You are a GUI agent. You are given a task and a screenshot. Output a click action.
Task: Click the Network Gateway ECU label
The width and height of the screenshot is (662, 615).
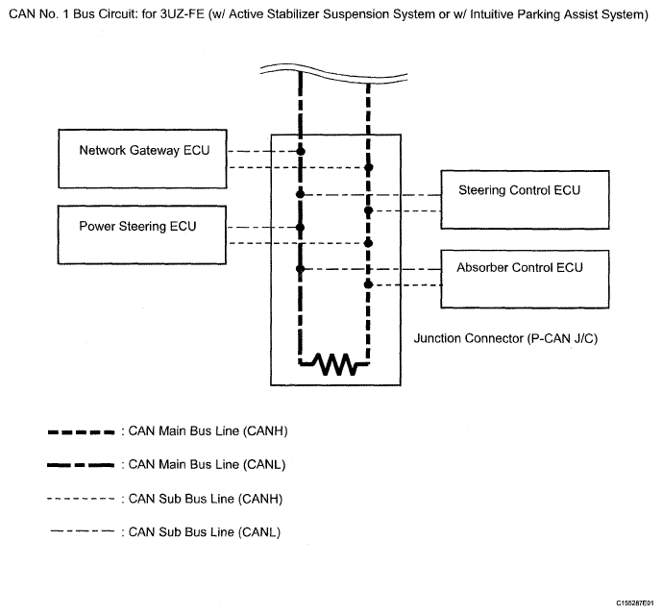point(144,150)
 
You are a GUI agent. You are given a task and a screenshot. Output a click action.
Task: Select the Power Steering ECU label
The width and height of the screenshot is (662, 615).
point(137,227)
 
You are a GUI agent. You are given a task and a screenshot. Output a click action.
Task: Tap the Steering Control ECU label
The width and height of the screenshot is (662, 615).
point(519,190)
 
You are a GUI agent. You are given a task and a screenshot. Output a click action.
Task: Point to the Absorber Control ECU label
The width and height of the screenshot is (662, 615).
point(520,268)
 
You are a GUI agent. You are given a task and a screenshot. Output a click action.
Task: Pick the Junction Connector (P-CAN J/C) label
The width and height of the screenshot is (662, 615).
point(505,338)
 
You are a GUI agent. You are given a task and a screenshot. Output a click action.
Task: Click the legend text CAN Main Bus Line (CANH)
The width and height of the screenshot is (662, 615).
point(208,431)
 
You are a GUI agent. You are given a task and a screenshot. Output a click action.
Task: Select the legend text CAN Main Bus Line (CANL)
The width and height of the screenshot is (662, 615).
point(207,465)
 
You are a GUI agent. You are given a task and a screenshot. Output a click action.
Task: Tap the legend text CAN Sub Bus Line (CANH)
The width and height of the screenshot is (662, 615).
point(206,499)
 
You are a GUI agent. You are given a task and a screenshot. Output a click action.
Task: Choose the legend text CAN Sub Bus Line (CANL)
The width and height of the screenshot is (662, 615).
point(205,532)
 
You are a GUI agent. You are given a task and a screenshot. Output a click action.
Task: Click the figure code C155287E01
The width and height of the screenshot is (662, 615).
point(635,603)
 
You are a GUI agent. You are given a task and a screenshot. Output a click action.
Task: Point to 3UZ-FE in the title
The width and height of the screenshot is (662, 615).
point(182,14)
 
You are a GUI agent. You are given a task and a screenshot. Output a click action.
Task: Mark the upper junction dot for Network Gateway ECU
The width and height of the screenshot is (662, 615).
point(301,151)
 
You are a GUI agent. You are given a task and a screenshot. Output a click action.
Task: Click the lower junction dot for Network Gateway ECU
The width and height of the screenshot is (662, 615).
point(369,168)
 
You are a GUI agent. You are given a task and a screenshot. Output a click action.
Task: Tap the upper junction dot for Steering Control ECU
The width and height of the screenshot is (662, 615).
point(300,194)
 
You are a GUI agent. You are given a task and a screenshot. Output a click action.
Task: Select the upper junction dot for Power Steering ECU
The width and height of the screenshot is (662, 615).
point(300,228)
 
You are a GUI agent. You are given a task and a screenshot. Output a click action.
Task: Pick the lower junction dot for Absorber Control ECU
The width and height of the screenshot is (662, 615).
point(369,285)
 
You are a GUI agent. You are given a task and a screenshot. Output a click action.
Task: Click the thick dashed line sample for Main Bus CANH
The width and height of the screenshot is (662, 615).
point(81,432)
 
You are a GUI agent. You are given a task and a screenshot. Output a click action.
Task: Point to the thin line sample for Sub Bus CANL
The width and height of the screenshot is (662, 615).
point(83,531)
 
